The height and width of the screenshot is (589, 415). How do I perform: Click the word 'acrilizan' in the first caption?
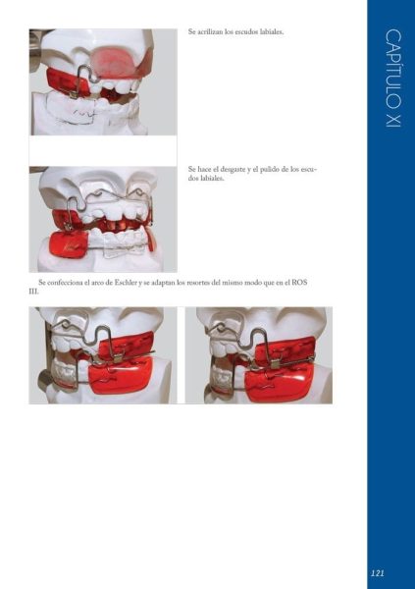(x=210, y=32)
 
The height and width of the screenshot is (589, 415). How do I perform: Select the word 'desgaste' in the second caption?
(x=233, y=170)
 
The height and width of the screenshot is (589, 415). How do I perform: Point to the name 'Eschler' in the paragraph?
(x=126, y=283)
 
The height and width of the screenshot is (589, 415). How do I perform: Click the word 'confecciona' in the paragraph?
(x=64, y=283)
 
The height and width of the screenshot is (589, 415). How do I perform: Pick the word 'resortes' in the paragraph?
(x=198, y=283)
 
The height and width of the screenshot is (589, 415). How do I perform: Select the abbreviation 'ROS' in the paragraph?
(x=299, y=283)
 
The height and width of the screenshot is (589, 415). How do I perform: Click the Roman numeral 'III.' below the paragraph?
(x=33, y=292)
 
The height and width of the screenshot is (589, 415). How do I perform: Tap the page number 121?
(x=377, y=573)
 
